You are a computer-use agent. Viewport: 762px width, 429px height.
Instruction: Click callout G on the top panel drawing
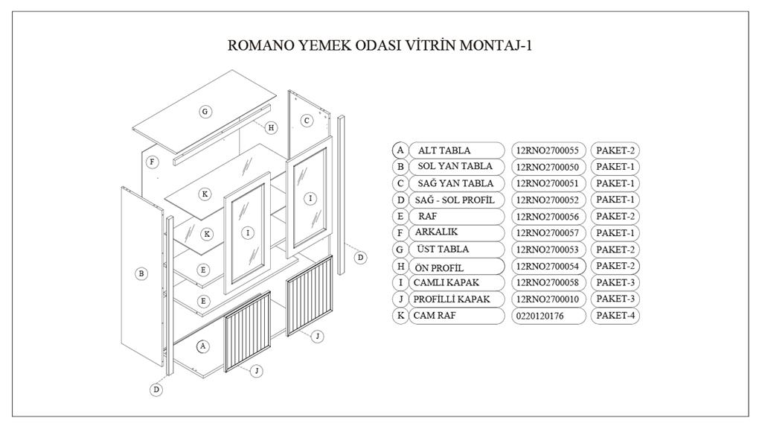(x=205, y=112)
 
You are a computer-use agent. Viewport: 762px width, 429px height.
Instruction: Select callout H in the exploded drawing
(x=272, y=127)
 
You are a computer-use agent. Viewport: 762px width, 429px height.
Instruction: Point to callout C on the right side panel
(x=307, y=120)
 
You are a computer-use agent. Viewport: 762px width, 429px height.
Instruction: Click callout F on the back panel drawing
(x=152, y=162)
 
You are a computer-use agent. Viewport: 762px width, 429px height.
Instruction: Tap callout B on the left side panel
(x=141, y=273)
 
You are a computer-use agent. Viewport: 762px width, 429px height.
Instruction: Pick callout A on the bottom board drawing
(x=202, y=346)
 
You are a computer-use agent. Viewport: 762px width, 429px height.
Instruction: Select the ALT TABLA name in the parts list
(x=444, y=150)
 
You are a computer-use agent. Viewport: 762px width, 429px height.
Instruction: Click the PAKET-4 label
(x=615, y=316)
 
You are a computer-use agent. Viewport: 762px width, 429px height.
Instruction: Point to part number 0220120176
(x=540, y=316)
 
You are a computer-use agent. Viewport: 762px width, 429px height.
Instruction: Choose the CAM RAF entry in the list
(x=436, y=316)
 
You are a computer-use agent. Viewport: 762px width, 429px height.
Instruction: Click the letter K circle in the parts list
(x=400, y=316)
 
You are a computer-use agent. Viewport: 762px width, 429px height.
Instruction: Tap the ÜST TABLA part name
(x=444, y=250)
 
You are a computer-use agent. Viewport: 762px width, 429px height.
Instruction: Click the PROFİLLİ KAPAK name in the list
(x=452, y=299)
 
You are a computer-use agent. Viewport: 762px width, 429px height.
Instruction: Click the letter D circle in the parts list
(x=400, y=200)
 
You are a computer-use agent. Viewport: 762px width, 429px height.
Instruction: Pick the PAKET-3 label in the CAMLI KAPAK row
(x=615, y=282)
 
